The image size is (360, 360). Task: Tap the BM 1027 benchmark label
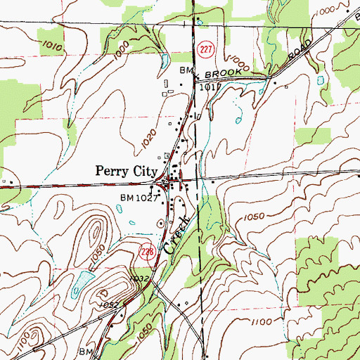[140, 198]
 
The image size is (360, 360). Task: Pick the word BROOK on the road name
[220, 72]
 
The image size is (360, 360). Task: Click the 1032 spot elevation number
[139, 279]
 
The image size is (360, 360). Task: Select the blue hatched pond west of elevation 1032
[81, 281]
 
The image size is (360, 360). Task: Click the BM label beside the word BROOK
[186, 72]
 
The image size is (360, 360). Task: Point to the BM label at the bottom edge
[86, 350]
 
